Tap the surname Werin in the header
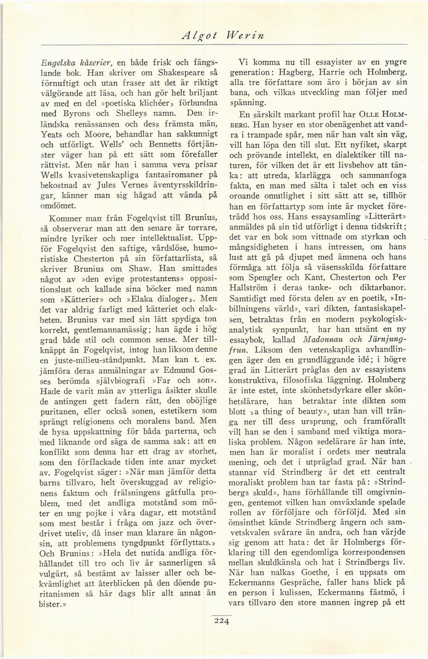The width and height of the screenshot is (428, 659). (246, 34)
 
